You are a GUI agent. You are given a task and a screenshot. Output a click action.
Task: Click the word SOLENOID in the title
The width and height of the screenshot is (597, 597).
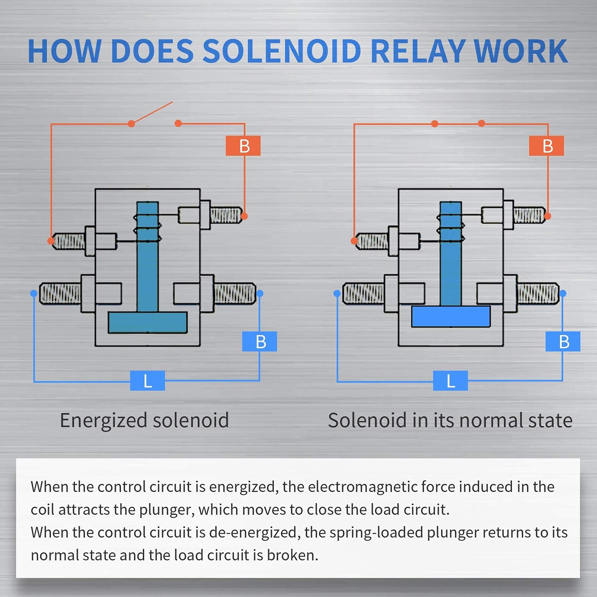(x=282, y=51)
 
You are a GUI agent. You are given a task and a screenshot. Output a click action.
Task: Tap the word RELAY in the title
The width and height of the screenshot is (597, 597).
(x=418, y=51)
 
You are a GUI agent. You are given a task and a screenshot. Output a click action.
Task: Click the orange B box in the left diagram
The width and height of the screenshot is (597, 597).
(x=243, y=146)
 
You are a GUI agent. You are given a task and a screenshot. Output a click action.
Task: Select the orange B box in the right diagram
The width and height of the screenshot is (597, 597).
(x=546, y=146)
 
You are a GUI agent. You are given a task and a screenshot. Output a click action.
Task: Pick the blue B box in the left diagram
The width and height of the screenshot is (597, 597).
(x=260, y=341)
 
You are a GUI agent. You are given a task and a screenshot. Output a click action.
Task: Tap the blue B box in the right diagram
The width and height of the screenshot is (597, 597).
(x=563, y=341)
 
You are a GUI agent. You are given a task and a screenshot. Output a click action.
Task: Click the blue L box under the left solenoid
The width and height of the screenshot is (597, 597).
(x=147, y=381)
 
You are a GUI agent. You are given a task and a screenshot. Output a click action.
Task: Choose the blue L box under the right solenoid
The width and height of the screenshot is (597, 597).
(x=450, y=381)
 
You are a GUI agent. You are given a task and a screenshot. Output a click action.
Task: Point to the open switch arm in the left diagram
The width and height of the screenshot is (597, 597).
(x=152, y=113)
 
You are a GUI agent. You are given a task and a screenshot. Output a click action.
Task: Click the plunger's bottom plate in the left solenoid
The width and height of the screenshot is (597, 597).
(x=148, y=322)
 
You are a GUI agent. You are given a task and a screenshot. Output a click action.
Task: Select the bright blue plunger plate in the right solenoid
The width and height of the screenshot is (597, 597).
(x=451, y=317)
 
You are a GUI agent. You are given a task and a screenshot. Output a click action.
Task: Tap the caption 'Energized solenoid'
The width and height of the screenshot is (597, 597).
(x=144, y=421)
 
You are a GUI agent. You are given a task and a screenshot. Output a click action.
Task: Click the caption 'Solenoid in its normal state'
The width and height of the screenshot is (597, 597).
(x=450, y=421)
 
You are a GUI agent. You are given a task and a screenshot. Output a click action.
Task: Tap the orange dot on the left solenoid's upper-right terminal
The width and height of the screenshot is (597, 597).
(x=244, y=216)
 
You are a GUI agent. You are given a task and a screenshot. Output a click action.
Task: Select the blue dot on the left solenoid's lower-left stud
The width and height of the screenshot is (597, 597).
(x=34, y=293)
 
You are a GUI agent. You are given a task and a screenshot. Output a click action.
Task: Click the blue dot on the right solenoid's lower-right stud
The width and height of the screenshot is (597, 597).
(x=563, y=293)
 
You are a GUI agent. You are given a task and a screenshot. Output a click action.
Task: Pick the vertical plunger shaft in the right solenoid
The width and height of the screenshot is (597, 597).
(x=451, y=254)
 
